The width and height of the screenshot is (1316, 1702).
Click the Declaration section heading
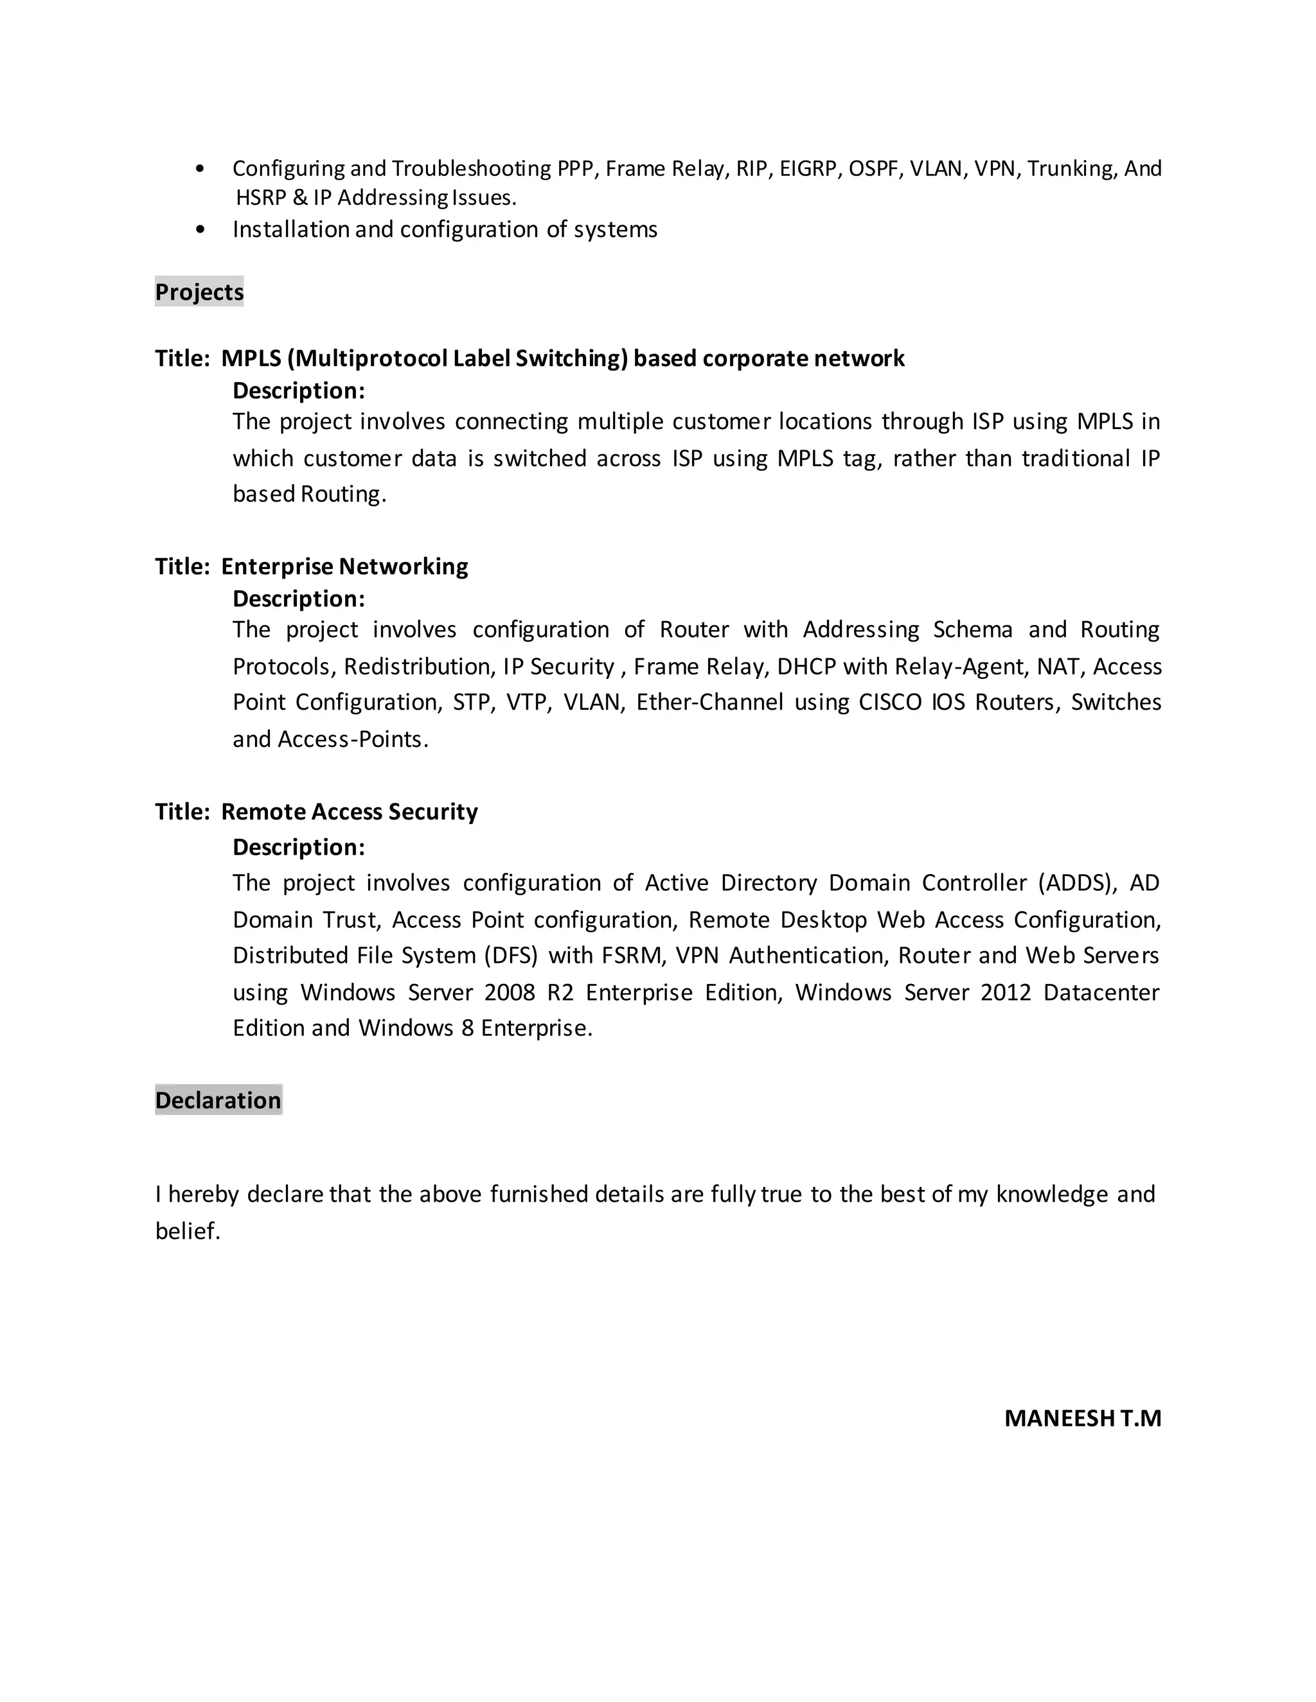pyautogui.click(x=218, y=1100)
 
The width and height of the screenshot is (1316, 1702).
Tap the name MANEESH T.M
pyautogui.click(x=1082, y=1417)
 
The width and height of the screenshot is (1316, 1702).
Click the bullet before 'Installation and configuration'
pyautogui.click(x=201, y=229)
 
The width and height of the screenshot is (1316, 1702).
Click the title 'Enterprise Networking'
pyautogui.click(x=344, y=566)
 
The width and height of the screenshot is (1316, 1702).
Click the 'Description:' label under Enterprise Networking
pyautogui.click(x=299, y=599)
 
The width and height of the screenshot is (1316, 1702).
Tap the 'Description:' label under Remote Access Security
pyautogui.click(x=299, y=847)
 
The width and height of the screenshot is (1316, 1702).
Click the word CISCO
pyautogui.click(x=889, y=702)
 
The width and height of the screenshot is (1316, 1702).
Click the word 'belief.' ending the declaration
pyautogui.click(x=188, y=1231)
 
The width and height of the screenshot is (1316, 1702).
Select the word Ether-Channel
pyautogui.click(x=709, y=702)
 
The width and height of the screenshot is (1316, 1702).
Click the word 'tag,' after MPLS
pyautogui.click(x=862, y=458)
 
